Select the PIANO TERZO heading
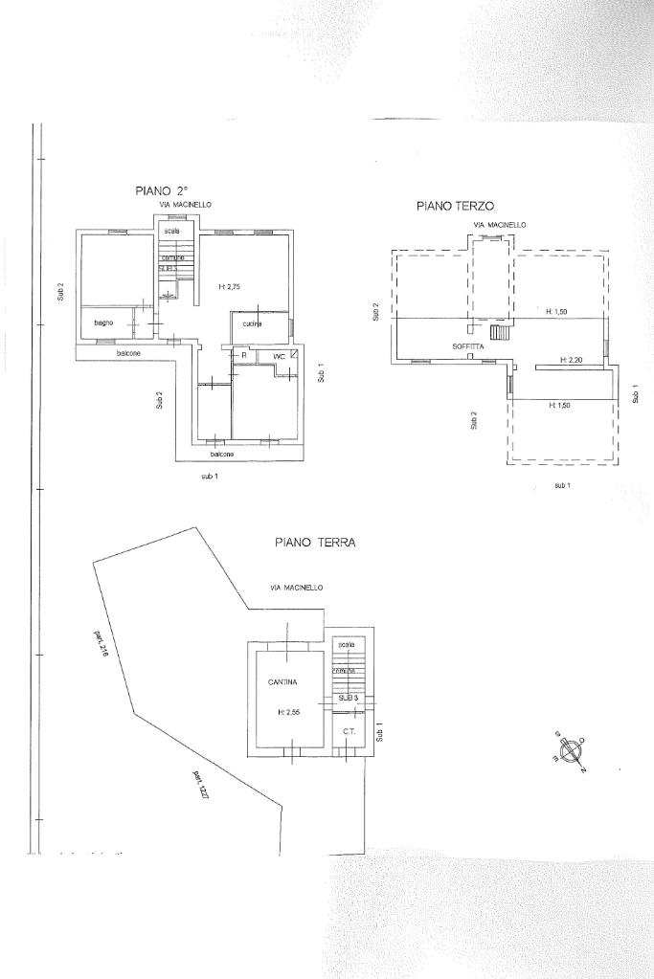[455, 205]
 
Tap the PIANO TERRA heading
[315, 542]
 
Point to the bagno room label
[103, 323]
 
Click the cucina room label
[252, 323]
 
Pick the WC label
[280, 357]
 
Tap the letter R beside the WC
[244, 356]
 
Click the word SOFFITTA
[468, 345]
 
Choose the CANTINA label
[282, 682]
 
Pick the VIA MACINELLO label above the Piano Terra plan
[297, 587]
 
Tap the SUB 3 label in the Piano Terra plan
[348, 699]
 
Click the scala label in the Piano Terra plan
[346, 644]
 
